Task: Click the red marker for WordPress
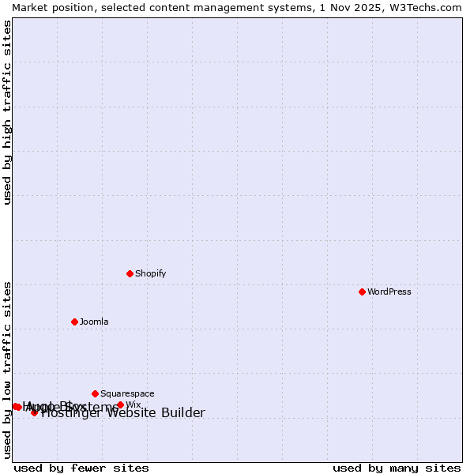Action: coord(362,292)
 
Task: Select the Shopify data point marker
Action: coord(130,273)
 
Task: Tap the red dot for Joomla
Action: coord(74,322)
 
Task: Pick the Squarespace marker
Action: coord(95,393)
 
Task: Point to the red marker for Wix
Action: coord(120,405)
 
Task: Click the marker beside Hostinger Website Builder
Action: coord(34,412)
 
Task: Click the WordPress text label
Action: coord(389,292)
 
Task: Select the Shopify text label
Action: coord(150,273)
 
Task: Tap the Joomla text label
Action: coord(94,322)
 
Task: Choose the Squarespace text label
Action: coord(127,393)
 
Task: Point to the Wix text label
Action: coord(133,405)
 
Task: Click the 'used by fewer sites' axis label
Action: coord(81,468)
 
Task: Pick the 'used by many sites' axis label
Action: coord(397,468)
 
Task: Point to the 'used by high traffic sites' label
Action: coord(7,112)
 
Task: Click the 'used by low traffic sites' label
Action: coord(7,369)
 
